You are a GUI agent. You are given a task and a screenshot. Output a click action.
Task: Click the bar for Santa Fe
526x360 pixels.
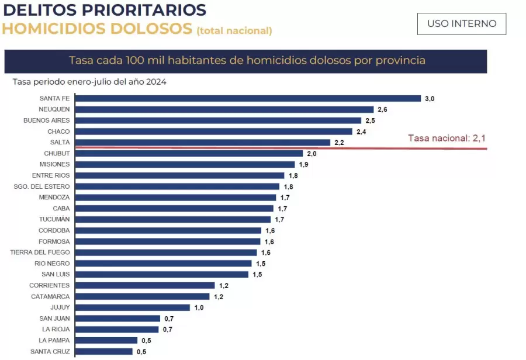[x=248, y=98]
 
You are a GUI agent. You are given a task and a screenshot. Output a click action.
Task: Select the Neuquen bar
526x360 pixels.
[x=224, y=109]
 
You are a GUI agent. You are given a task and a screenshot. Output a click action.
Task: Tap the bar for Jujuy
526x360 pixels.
[x=132, y=307]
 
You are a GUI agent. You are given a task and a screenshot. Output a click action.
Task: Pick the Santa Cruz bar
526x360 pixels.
[x=103, y=351]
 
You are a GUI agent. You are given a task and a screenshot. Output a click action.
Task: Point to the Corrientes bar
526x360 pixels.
[x=144, y=285]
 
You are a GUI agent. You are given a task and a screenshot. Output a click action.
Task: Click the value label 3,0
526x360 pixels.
[x=429, y=99]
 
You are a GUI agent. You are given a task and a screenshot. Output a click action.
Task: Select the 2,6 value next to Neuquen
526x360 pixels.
[x=382, y=109]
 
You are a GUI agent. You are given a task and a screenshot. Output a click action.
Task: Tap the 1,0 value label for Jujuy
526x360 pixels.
[x=199, y=307]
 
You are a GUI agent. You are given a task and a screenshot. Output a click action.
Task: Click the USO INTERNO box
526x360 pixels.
[x=461, y=24]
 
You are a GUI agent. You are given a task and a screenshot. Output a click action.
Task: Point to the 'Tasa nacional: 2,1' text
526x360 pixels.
[x=447, y=138]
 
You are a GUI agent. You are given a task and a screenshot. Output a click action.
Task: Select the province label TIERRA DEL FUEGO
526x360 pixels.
[x=40, y=252]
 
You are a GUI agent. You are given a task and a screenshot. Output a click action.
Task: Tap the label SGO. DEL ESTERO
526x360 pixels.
[x=41, y=186]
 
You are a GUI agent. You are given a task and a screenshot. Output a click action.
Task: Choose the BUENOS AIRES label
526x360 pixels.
[x=46, y=120]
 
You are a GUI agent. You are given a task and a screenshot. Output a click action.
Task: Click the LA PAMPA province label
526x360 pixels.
[x=54, y=340]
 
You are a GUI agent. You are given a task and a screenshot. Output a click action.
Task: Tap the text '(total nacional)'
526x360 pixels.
[x=234, y=30]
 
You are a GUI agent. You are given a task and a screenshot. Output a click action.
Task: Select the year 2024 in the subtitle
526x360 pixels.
[x=156, y=82]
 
